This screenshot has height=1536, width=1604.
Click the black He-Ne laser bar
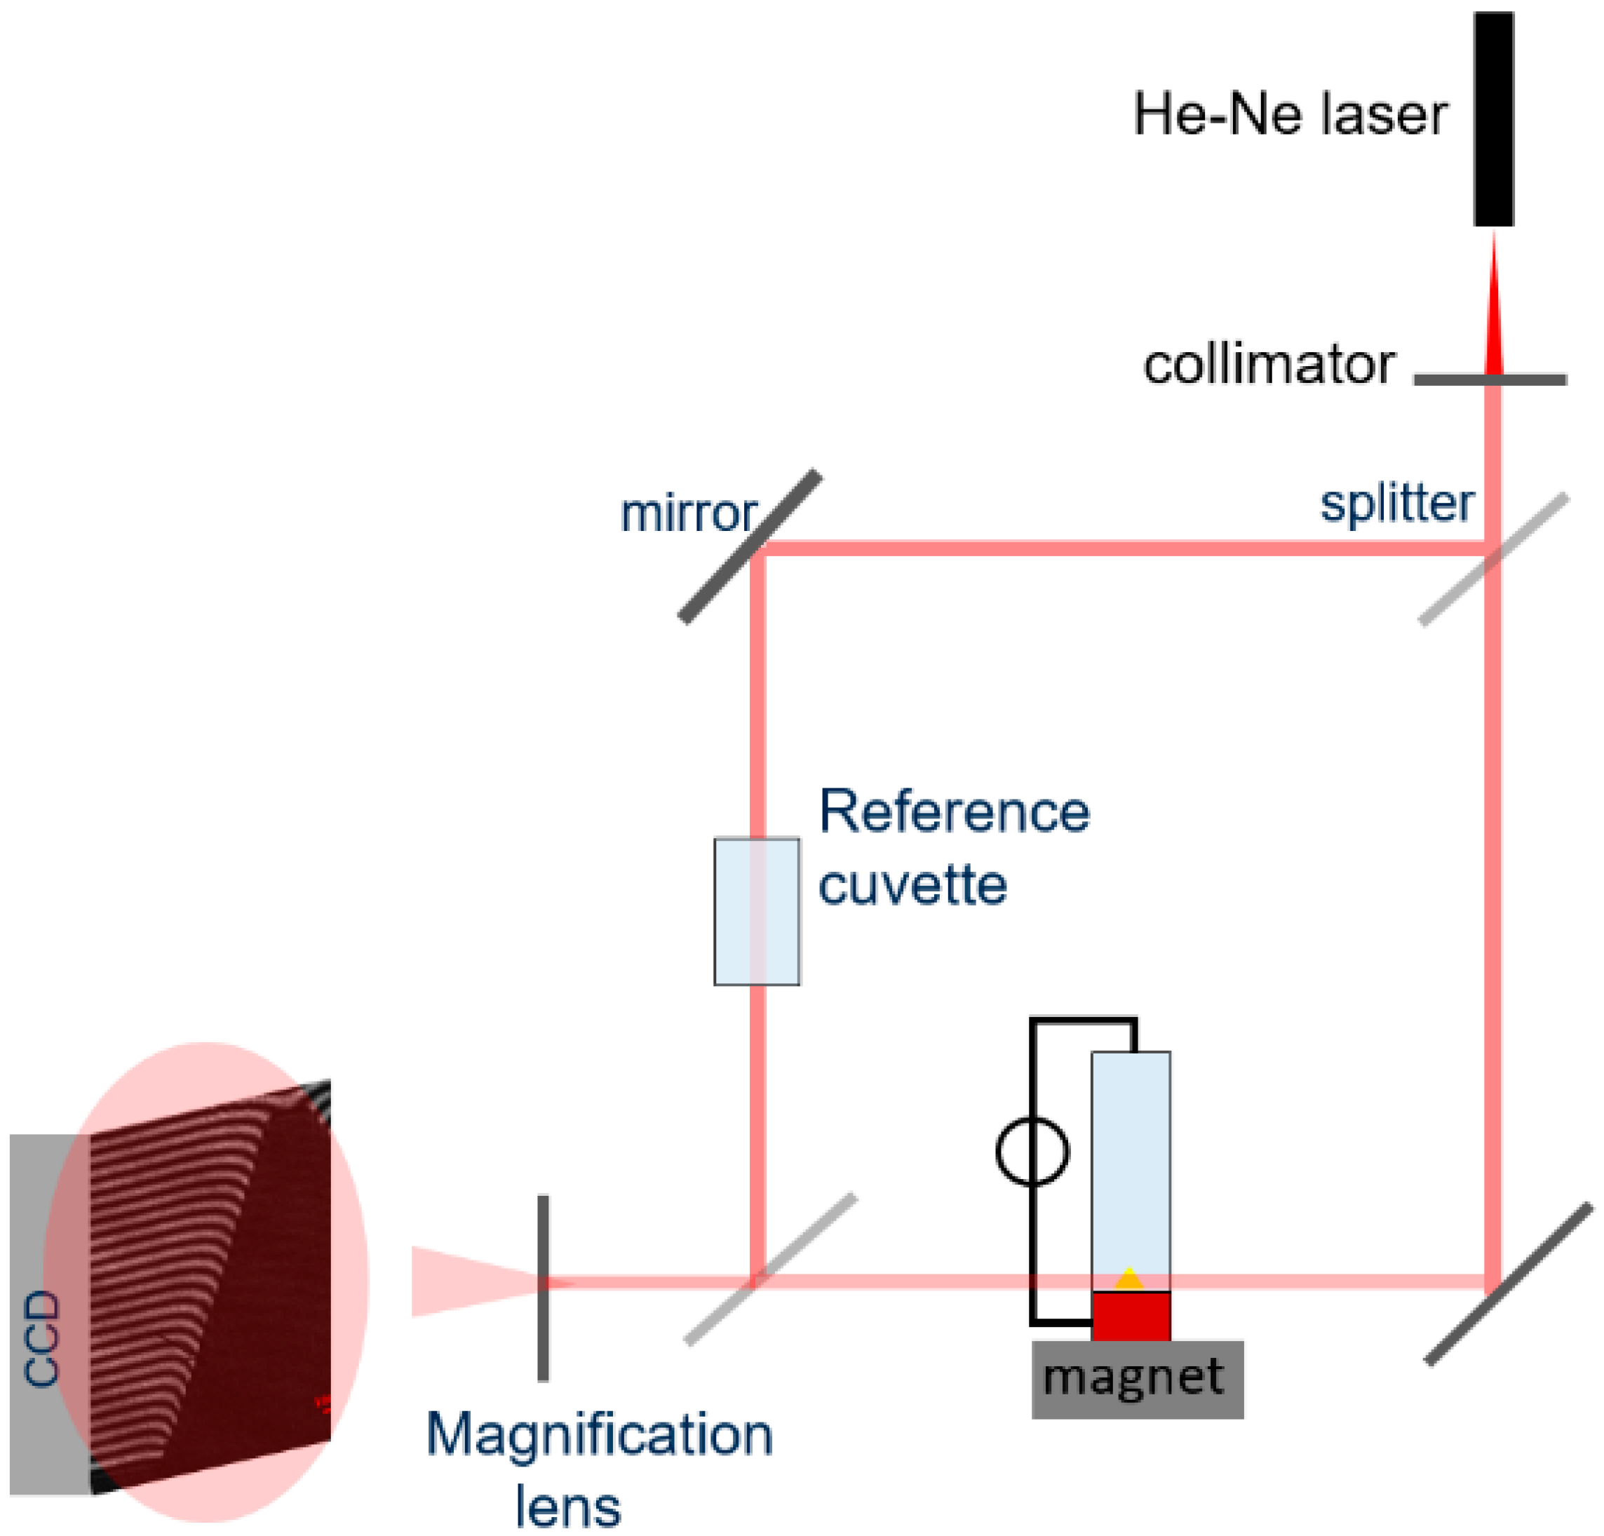1492,119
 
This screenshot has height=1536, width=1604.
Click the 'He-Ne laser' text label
1290,114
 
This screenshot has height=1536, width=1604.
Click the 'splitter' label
1396,504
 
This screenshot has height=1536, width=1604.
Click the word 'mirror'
688,514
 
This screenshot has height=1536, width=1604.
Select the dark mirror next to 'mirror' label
750,546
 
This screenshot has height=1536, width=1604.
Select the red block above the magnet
1130,1314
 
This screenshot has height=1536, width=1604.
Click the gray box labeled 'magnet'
1137,1379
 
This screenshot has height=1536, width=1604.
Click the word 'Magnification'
599,1434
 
